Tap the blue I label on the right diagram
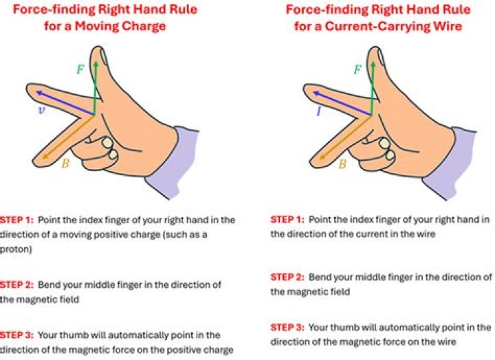319,109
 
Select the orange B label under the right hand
342,164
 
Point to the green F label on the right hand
357,69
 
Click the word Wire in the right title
449,28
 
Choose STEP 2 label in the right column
287,277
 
